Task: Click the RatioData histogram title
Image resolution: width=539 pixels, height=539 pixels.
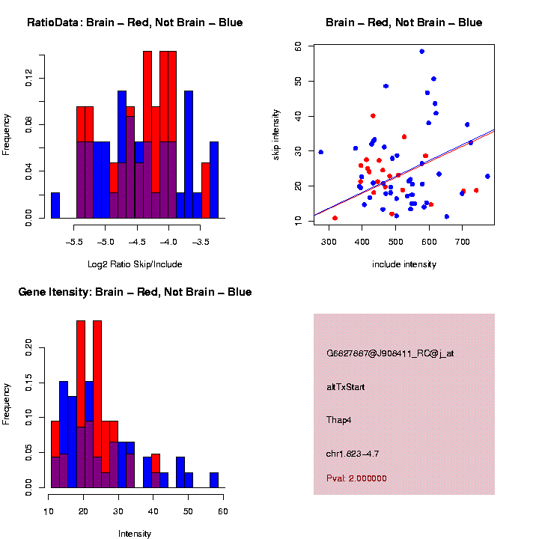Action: click(x=135, y=22)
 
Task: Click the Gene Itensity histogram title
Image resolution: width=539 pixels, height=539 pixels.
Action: click(x=135, y=291)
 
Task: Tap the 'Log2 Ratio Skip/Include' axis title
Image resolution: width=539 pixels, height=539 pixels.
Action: click(x=135, y=264)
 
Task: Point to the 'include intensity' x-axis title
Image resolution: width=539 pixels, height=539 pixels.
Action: click(x=404, y=264)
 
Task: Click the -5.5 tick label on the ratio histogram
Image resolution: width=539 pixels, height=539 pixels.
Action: click(x=74, y=242)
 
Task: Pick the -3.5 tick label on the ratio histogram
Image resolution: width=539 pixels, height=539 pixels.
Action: click(x=201, y=242)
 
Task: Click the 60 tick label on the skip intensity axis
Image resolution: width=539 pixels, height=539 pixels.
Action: click(x=298, y=46)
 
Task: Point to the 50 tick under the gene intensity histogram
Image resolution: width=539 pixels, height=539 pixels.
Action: click(x=188, y=511)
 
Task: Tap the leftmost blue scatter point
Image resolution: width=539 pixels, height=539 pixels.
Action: click(x=320, y=152)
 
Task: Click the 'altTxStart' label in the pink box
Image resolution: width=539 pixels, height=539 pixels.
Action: click(x=347, y=387)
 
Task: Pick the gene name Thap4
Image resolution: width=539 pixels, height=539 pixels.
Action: click(x=339, y=420)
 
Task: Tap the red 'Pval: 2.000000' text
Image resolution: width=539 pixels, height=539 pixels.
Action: click(x=356, y=478)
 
